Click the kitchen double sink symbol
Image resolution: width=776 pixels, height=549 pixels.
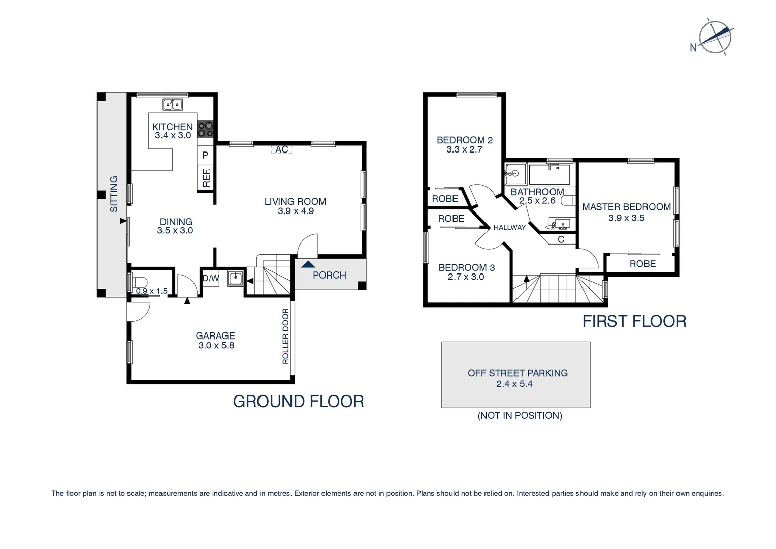[173, 105]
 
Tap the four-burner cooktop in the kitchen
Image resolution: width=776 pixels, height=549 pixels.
[205, 129]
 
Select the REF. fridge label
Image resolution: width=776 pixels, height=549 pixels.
[206, 177]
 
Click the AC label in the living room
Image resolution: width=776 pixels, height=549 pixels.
[282, 149]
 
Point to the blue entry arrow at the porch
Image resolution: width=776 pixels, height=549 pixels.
[307, 264]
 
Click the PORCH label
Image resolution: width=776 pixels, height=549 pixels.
[329, 275]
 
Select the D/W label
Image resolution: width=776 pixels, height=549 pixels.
[210, 279]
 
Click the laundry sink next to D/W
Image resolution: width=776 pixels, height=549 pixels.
[235, 278]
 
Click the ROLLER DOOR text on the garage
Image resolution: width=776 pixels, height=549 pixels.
[285, 336]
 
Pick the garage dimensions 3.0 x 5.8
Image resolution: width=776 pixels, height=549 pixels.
[216, 346]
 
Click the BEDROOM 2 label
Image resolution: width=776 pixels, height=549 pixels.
[464, 140]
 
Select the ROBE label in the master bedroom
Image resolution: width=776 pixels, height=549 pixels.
[642, 264]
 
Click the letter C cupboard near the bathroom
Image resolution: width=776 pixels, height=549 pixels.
[561, 239]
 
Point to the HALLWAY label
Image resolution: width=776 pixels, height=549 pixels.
[509, 228]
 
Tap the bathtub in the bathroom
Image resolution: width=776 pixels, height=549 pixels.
[549, 174]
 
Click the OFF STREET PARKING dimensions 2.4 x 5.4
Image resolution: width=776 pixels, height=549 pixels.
[514, 384]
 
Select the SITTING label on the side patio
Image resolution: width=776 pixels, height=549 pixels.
[114, 194]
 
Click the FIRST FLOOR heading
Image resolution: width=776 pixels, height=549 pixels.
[634, 321]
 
